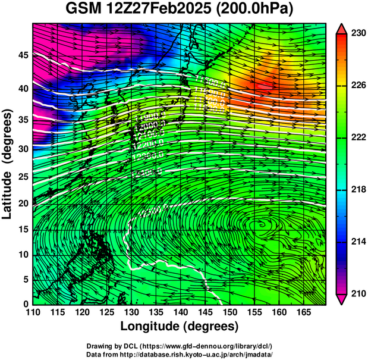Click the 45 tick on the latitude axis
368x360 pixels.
point(23,55)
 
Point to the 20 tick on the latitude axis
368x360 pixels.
point(23,203)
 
